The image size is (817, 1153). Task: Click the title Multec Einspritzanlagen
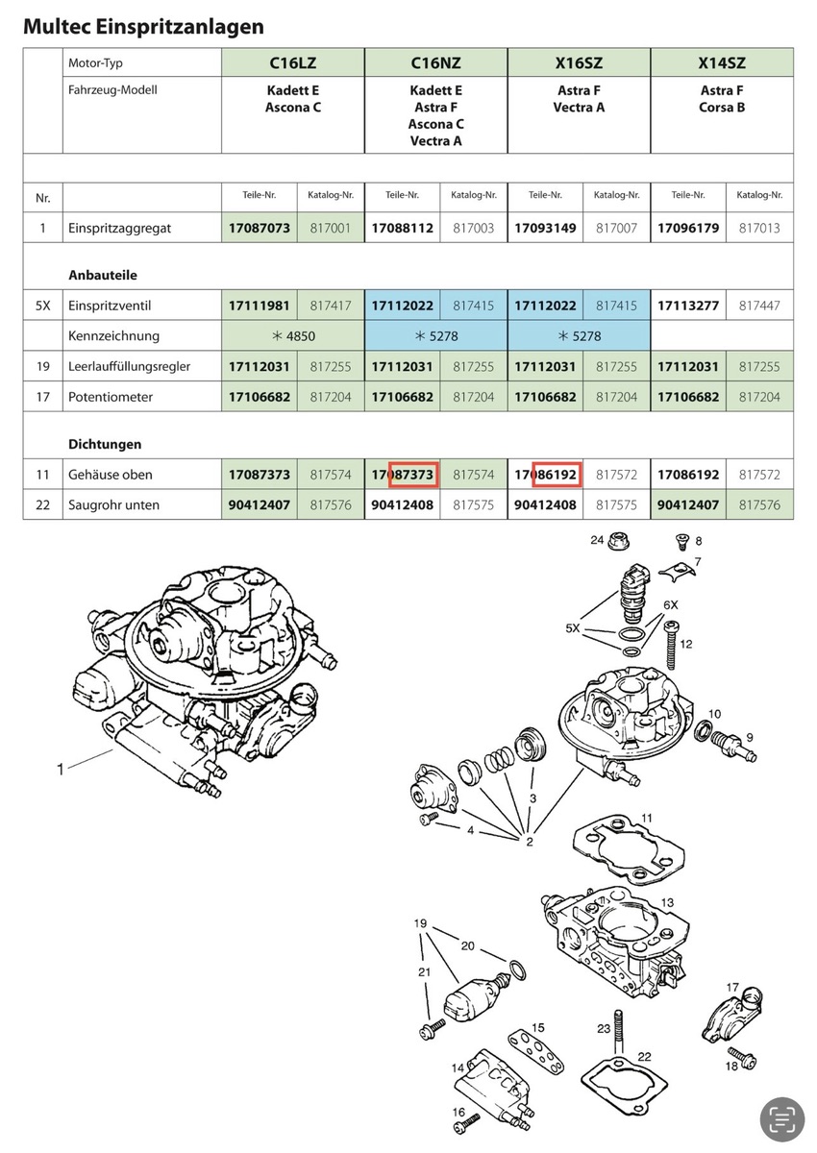point(143,27)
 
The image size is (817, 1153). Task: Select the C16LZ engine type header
point(293,64)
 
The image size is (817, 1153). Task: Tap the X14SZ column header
point(722,64)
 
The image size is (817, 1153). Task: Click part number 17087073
point(259,229)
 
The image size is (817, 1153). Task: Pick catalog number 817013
point(758,229)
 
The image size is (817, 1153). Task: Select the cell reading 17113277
point(688,306)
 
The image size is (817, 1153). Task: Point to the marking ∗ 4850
point(293,336)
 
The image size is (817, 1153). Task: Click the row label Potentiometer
point(111,397)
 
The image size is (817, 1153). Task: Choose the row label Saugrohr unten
point(114,504)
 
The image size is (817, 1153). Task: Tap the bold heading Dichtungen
point(105,444)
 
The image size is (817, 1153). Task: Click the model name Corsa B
point(722,108)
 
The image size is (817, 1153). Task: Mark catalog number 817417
point(330,306)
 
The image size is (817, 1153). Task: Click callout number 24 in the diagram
point(597,541)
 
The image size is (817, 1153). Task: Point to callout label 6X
point(670,605)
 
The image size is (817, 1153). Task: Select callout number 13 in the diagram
point(667,902)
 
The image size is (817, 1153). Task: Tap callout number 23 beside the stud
point(603,1029)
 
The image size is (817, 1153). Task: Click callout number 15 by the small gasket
point(538,1028)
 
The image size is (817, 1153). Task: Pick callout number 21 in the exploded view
point(425,972)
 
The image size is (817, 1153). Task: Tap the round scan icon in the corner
point(781,1118)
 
